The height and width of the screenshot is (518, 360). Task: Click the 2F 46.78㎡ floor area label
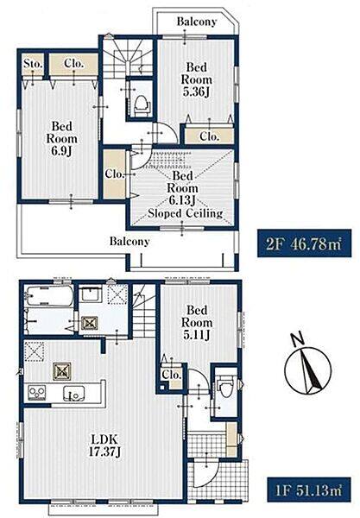tap(304, 243)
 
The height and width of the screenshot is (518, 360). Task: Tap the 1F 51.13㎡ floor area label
tap(308, 490)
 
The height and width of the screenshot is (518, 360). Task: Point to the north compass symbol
tap(308, 366)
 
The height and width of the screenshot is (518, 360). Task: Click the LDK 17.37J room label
tap(104, 445)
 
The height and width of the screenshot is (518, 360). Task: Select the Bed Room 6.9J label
tap(62, 139)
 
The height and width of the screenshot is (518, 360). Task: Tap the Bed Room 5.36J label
tap(197, 79)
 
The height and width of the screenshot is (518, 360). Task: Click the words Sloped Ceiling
tap(186, 213)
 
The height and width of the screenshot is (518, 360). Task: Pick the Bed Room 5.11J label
tap(197, 322)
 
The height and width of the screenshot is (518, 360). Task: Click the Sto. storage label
tap(33, 64)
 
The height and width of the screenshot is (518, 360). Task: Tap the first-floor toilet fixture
tap(226, 387)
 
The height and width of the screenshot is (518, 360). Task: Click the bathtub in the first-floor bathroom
tap(49, 295)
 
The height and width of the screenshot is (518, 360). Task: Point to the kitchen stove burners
tap(37, 392)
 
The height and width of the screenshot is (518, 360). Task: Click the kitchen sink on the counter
tap(74, 394)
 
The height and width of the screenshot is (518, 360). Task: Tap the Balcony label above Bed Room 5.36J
tap(197, 22)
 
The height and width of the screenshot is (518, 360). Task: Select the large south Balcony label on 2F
tap(129, 241)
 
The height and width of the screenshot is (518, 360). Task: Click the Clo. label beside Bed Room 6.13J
tap(115, 174)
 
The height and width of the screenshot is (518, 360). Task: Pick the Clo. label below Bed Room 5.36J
tap(210, 136)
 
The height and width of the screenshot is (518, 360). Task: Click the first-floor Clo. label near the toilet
tap(172, 375)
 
